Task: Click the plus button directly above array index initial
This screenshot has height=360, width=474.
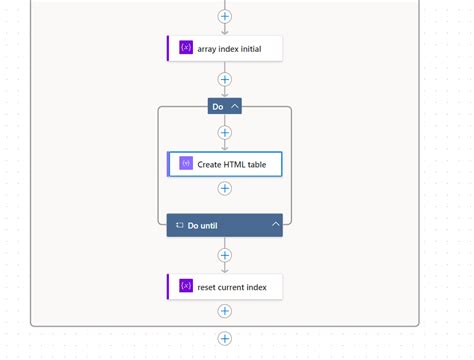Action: point(225,16)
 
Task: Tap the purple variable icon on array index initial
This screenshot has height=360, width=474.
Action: point(185,48)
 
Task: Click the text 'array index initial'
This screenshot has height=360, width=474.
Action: point(229,48)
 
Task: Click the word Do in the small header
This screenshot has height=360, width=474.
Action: point(217,106)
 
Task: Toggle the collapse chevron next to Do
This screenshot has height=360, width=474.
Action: point(235,106)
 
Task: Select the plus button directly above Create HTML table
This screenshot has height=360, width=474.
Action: point(225,132)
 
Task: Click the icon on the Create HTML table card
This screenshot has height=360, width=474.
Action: point(185,164)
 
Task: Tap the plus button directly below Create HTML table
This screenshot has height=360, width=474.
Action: point(225,188)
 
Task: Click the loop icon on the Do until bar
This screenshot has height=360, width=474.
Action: point(179,226)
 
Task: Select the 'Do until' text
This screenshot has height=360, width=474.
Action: point(202,226)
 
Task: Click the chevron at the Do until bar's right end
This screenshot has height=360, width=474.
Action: point(275,225)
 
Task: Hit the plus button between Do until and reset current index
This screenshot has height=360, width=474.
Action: point(225,255)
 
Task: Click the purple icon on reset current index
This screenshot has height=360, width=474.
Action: point(185,287)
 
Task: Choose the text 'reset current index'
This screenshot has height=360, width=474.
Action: point(232,287)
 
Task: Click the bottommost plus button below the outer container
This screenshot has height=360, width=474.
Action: point(225,339)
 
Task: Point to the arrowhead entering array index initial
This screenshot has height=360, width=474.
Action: point(225,31)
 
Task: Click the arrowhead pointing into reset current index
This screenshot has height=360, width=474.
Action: point(225,270)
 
